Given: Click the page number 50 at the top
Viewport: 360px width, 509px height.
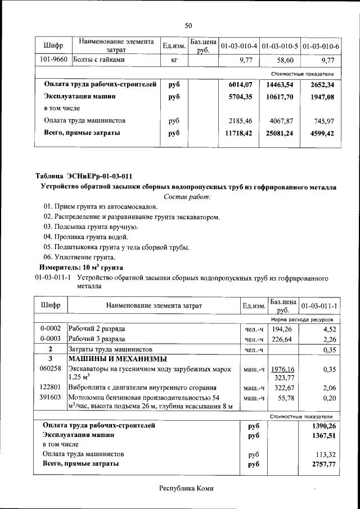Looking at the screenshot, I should pos(188,25).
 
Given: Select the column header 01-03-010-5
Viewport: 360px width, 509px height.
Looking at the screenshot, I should pos(280,45).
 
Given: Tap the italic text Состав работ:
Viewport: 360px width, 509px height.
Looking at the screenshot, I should pos(188,197).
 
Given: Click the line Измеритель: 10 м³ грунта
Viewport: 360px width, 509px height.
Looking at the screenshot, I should pos(81,267).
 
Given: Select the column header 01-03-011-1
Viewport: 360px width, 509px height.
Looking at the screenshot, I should pos(319,305).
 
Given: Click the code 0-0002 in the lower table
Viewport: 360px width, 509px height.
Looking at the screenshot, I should pos(51,328).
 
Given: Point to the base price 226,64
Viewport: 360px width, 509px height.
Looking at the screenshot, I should pos(282,339).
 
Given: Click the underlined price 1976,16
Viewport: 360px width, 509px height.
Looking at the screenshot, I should pos(283,369).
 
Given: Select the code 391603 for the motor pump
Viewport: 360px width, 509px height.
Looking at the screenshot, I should pos(51,398).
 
